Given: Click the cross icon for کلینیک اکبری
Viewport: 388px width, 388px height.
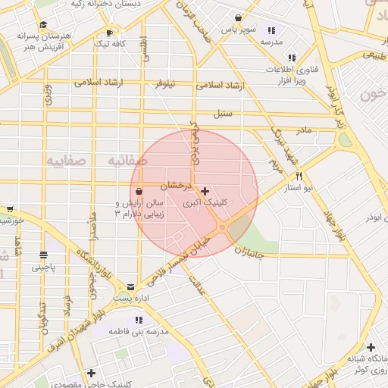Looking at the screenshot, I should (x=205, y=192).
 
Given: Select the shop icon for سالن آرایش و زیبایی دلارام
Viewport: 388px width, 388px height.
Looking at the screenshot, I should (x=139, y=192).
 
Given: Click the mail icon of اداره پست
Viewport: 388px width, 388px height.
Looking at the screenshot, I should (x=131, y=287).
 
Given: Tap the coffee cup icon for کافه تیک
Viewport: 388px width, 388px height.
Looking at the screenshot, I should (x=109, y=33).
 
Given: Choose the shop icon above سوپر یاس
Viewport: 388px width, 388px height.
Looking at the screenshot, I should (x=239, y=17).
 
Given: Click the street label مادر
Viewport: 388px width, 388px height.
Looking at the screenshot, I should (x=303, y=130).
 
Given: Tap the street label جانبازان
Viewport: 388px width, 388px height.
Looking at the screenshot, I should (x=249, y=253).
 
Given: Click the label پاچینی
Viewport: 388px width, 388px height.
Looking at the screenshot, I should (x=43, y=268).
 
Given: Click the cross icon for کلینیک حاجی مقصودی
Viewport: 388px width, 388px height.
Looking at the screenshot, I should (x=91, y=373).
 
